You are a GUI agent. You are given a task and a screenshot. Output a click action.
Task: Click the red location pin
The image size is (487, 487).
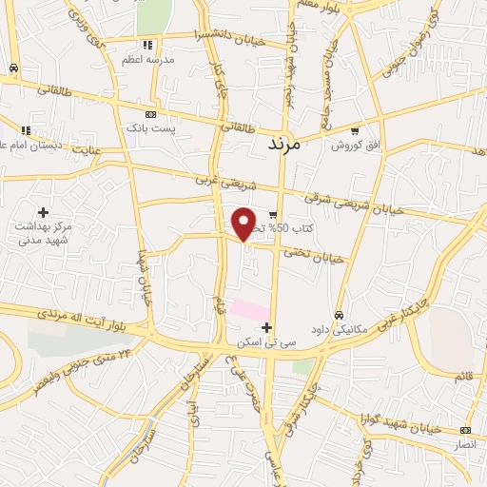click(244, 224)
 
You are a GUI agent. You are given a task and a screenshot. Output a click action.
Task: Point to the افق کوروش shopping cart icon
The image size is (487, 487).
click(355, 131)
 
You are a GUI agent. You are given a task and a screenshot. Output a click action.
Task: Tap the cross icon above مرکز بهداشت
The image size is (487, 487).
click(42, 211)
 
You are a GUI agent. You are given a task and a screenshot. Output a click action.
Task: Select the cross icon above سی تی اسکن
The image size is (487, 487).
click(266, 327)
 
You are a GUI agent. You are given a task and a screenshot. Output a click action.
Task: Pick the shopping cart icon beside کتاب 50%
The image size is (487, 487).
click(273, 214)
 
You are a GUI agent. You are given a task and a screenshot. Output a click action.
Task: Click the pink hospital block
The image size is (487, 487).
click(250, 310)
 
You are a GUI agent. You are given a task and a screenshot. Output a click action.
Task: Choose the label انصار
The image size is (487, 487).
click(465, 443)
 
